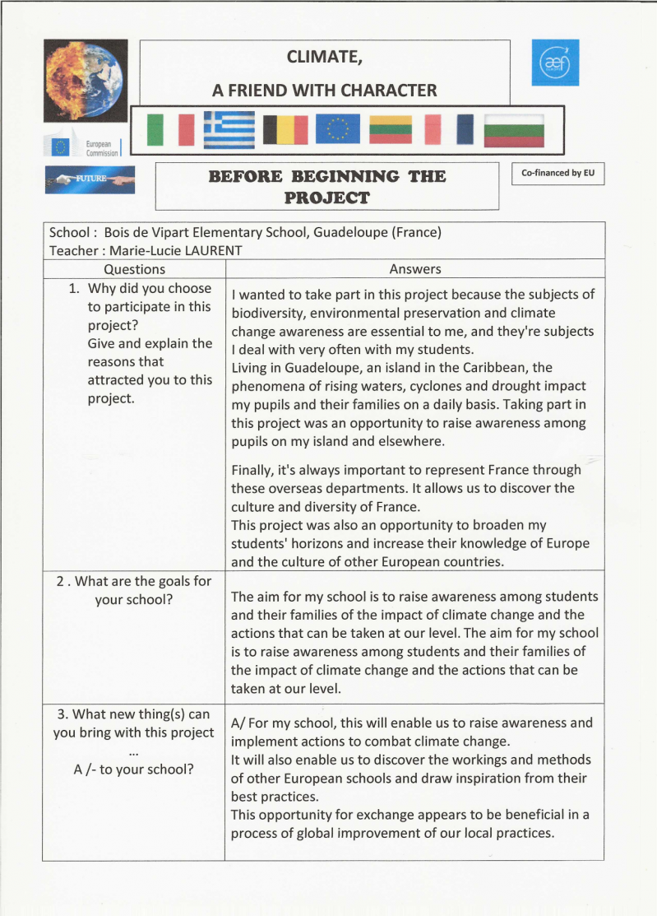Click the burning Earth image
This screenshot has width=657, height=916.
84,81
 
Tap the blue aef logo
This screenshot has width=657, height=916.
555,63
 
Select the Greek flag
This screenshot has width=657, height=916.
229,129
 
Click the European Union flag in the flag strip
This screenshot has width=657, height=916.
337,129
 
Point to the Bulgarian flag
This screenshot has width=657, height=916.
514,130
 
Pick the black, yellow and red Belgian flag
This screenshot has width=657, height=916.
285,130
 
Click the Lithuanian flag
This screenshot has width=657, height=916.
391,129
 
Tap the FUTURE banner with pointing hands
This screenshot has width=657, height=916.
90,179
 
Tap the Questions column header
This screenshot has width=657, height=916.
135,269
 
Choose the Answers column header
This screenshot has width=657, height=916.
414,269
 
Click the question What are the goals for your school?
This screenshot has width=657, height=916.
134,590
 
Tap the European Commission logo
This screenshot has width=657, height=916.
82,147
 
